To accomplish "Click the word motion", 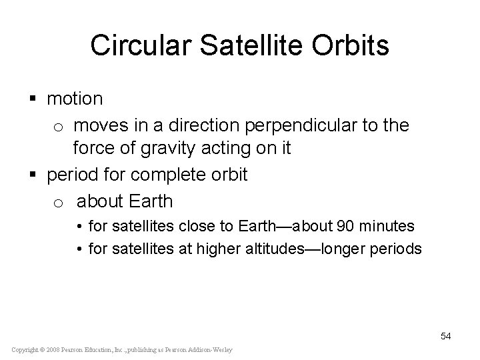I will point(75,99).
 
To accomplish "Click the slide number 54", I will point(445,336).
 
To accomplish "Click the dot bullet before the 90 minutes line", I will point(78,227).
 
